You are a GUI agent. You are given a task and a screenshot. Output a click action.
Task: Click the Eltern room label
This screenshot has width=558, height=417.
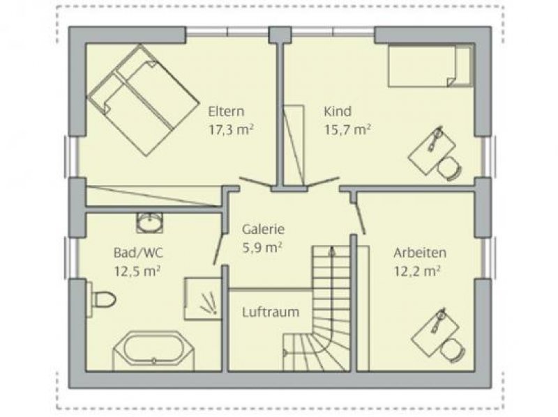coord(226,111)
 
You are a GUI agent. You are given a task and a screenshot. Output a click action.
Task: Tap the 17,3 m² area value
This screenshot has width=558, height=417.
coord(231,130)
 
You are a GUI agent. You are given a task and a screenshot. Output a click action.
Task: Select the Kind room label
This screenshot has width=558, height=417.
coord(338,111)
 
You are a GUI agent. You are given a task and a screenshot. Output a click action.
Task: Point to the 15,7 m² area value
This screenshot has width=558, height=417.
coord(347,130)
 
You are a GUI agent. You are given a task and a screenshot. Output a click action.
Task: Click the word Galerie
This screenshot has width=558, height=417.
coord(264,229)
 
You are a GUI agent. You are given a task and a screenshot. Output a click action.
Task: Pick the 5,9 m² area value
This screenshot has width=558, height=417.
coord(262,248)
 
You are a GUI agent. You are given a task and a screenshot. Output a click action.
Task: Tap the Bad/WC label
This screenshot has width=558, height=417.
coord(138,253)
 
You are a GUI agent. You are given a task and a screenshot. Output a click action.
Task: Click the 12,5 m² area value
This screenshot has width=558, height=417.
coord(137,272)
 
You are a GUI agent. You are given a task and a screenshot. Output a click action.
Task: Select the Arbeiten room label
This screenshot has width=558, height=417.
coord(420,253)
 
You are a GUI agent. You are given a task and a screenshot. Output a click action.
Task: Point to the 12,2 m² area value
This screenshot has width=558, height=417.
coord(417,272)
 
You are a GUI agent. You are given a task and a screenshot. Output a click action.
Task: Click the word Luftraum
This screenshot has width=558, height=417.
coord(271,313)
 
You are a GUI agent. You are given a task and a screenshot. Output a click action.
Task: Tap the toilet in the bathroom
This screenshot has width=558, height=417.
coord(101,299)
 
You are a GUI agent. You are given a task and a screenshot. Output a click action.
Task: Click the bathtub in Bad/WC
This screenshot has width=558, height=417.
coord(153,351)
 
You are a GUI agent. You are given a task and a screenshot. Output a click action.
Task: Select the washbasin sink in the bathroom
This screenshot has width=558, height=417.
coord(150,223)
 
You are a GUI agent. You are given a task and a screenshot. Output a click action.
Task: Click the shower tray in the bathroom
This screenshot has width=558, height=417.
coord(202,299)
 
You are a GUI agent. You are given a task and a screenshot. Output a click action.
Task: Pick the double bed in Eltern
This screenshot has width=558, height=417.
coord(143,100)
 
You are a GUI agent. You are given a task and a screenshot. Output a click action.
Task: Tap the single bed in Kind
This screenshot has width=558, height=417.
coord(430,65)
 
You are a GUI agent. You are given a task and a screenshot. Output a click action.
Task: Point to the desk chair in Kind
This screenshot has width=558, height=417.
coord(449,168)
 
